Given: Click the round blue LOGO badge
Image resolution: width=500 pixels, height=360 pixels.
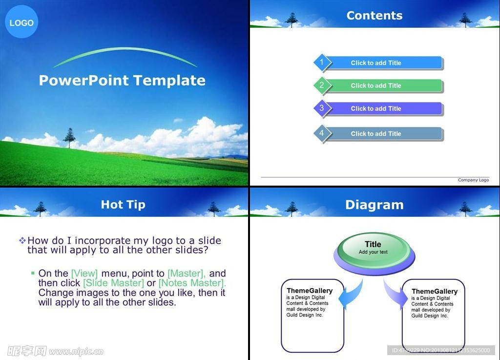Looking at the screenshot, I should point(21,22).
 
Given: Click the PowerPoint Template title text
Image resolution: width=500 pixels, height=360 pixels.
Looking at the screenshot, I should point(122,80).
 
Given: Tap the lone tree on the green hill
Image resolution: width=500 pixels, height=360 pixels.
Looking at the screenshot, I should point(69,137).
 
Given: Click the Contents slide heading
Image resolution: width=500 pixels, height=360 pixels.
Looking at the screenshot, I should point(375,15).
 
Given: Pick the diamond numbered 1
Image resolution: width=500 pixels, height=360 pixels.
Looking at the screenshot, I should point(322,63).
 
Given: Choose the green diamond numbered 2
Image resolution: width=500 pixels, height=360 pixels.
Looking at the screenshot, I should point(322,85).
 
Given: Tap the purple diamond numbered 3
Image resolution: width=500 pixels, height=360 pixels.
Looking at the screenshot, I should point(322,108).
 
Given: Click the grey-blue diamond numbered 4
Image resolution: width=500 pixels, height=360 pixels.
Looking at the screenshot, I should point(322,133).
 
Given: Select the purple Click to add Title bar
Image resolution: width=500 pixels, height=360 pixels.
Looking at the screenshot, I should point(383,108).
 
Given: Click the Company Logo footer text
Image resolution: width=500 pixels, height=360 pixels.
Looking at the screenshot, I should point(473,180).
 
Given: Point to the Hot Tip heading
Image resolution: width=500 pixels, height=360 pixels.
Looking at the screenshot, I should point(123,204).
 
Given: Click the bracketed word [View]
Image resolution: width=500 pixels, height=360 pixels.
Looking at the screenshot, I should point(84,274).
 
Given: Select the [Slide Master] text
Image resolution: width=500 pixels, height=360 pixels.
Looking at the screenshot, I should point(113,283).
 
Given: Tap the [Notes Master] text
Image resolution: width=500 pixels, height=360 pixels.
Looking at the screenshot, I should point(192,283).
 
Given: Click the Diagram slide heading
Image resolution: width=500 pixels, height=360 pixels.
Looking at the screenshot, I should point(375,205).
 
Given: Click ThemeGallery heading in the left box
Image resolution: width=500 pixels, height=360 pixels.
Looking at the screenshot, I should point(310,291).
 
